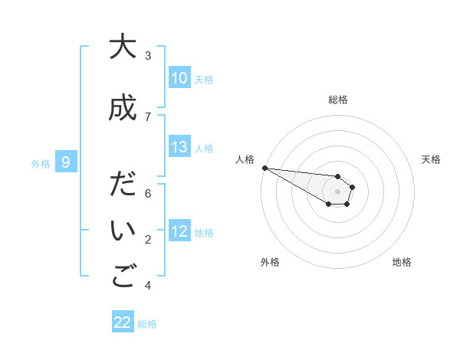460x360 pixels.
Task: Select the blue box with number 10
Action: [179, 78]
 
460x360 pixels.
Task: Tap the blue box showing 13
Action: [179, 147]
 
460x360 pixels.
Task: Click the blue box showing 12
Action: [179, 231]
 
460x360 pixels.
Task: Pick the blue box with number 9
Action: [66, 162]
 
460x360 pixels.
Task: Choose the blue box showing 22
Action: [123, 322]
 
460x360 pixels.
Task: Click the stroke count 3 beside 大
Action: [148, 56]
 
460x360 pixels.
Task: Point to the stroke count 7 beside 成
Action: [148, 117]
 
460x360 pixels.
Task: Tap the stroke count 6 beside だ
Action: [148, 194]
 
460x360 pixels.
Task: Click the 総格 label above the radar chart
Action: [338, 100]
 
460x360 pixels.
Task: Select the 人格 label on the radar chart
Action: [245, 159]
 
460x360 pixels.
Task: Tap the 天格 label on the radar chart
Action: [432, 159]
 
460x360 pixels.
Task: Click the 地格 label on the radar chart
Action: [402, 262]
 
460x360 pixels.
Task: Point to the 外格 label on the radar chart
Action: [270, 262]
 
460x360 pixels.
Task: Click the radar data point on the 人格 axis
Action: [264, 168]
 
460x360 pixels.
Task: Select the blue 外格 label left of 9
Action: [41, 163]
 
